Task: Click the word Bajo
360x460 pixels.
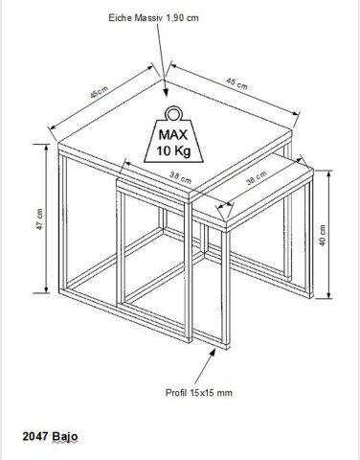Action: coord(66,435)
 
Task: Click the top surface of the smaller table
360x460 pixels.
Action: coord(259,187)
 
